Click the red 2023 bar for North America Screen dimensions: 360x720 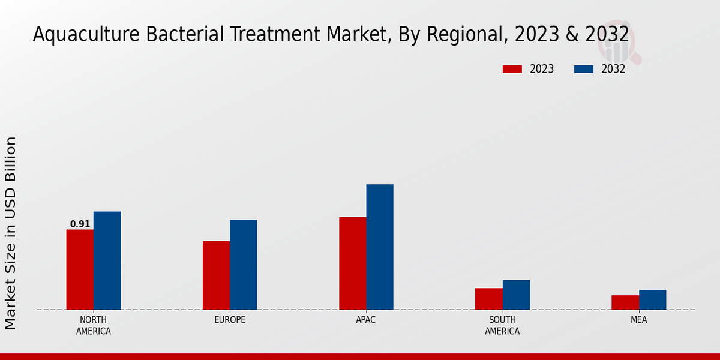[80, 269]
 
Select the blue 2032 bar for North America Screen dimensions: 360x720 [107, 260]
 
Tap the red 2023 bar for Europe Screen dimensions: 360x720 [216, 275]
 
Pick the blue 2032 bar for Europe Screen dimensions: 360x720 [243, 265]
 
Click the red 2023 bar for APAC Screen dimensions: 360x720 [352, 263]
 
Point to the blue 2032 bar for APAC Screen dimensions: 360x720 [380, 247]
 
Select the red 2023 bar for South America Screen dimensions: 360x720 [488, 299]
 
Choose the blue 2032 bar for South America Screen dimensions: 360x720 [516, 295]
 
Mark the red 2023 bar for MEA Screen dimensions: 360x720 [625, 302]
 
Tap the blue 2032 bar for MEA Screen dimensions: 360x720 [652, 300]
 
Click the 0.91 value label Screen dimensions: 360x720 [80, 224]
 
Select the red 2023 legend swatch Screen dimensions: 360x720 [512, 69]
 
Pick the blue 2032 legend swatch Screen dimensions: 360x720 [583, 69]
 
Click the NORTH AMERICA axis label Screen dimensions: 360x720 [94, 325]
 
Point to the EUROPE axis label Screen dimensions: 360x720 [230, 320]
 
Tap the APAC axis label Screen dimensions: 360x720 [366, 320]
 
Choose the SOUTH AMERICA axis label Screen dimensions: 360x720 [502, 325]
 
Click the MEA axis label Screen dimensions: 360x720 [638, 320]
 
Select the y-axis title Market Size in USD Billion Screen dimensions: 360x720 [11, 233]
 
